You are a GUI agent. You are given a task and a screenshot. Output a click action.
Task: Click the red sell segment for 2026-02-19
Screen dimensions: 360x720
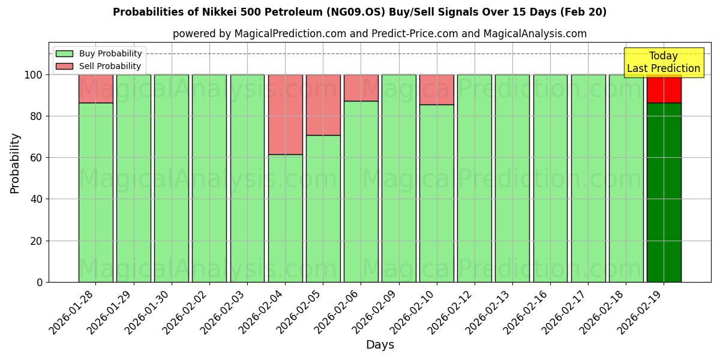pyautogui.click(x=664, y=89)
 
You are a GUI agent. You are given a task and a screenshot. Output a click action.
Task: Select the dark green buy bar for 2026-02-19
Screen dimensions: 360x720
pyautogui.click(x=664, y=192)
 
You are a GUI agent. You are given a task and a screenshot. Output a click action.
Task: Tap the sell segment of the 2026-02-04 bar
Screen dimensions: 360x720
pyautogui.click(x=285, y=115)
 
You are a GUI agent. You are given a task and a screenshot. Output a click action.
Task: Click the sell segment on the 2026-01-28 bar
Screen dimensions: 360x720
pyautogui.click(x=95, y=89)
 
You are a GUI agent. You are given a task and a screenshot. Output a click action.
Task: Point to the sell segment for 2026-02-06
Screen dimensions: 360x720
pyautogui.click(x=361, y=88)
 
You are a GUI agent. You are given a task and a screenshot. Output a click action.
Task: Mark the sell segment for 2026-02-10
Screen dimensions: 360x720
pyautogui.click(x=437, y=89)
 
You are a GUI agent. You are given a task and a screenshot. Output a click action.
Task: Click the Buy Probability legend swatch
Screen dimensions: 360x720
pyautogui.click(x=64, y=53)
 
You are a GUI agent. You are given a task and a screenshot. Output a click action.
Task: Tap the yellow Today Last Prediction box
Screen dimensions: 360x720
pyautogui.click(x=664, y=62)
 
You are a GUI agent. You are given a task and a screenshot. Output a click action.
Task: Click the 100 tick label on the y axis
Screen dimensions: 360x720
pyautogui.click(x=33, y=75)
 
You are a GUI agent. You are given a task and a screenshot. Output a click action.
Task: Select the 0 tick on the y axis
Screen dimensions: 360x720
pyautogui.click(x=40, y=282)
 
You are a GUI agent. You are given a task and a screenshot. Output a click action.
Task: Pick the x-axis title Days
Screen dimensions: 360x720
pyautogui.click(x=380, y=345)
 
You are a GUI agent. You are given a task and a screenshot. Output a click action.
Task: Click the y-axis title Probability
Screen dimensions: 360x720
pyautogui.click(x=15, y=163)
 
